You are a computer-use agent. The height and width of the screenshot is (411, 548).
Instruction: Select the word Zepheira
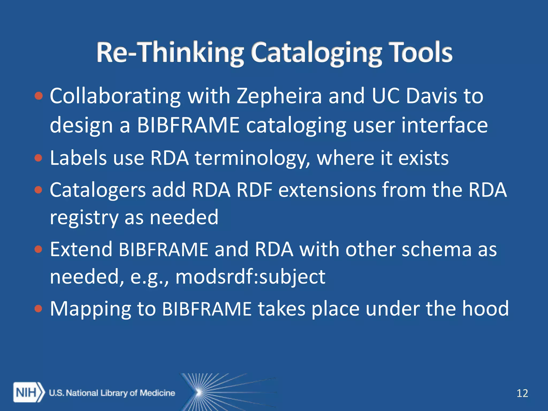click(x=279, y=96)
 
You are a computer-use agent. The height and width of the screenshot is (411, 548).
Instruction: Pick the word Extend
click(x=81, y=249)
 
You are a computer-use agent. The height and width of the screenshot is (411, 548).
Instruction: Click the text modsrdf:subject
click(x=250, y=277)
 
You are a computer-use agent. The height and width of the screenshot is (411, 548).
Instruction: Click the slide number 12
click(x=522, y=393)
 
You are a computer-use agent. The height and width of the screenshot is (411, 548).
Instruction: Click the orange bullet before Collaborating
click(x=39, y=96)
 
